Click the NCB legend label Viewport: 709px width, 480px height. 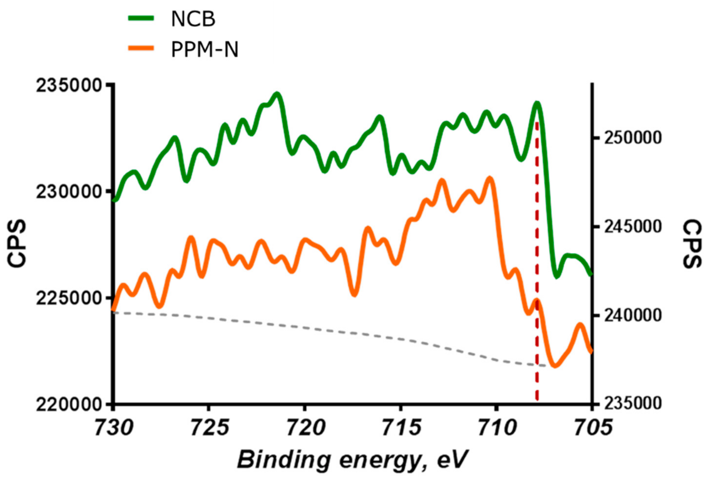(x=193, y=20)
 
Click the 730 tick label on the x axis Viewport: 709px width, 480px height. (x=114, y=428)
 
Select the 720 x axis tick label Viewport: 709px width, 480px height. (x=305, y=428)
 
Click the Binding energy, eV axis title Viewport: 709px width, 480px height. (x=352, y=460)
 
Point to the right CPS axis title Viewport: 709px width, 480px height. (x=692, y=244)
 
